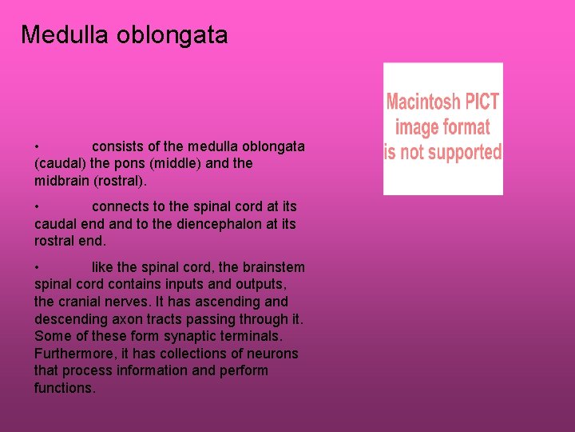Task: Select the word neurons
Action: pyautogui.click(x=272, y=354)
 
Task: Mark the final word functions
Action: pyautogui.click(x=64, y=388)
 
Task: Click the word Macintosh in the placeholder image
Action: pyautogui.click(x=423, y=102)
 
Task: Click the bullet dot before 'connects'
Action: pyautogui.click(x=38, y=206)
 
